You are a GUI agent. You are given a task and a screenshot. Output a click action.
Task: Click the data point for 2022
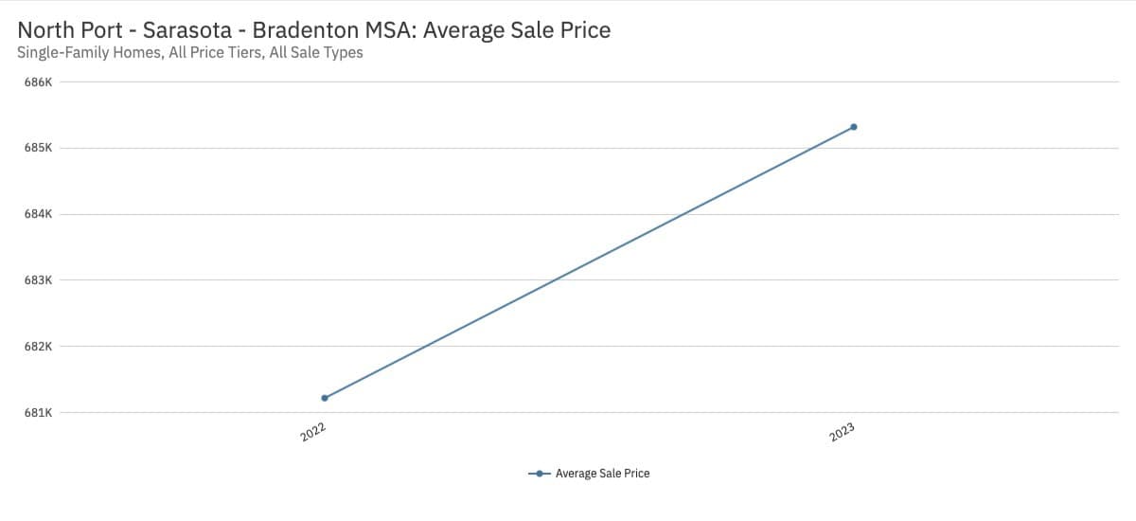tap(325, 398)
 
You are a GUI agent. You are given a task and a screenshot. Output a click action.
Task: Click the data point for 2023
tap(854, 127)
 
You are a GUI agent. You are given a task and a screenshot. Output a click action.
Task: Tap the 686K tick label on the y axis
tap(38, 82)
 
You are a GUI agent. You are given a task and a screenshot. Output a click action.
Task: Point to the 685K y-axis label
tap(38, 149)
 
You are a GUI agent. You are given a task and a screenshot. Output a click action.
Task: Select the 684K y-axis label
tap(38, 214)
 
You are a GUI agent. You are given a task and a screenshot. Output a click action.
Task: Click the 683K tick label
tap(38, 280)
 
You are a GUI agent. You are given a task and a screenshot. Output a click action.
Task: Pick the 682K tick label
tap(38, 347)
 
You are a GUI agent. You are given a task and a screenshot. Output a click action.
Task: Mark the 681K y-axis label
tap(38, 413)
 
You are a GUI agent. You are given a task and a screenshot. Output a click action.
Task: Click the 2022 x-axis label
tap(313, 432)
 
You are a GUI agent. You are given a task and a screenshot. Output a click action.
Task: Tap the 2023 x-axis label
tap(842, 432)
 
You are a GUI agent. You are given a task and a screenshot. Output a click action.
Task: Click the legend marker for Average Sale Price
tap(539, 474)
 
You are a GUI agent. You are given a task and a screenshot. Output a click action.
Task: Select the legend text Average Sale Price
tap(602, 474)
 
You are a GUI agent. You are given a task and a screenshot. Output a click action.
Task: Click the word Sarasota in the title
tap(187, 30)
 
